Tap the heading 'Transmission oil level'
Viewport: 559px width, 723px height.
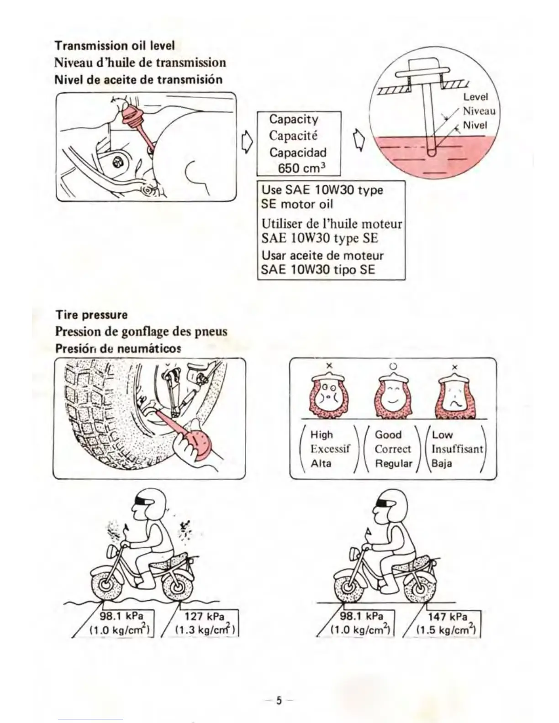[115, 46]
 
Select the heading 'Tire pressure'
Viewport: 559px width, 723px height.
[91, 315]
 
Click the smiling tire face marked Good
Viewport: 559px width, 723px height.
[393, 397]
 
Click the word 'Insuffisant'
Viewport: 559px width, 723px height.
[457, 449]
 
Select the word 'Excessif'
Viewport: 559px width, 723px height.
[330, 449]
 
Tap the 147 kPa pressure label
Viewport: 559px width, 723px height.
[447, 617]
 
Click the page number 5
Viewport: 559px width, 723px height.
[279, 700]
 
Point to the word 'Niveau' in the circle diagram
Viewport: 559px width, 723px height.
[479, 111]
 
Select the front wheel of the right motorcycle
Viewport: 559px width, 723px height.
[348, 584]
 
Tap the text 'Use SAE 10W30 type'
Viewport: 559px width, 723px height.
[322, 190]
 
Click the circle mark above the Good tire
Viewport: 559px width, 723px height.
[393, 366]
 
